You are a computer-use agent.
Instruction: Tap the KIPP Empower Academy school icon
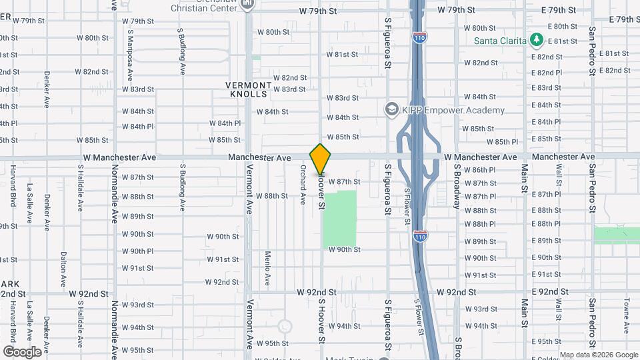392,109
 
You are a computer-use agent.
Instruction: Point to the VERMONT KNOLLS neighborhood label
249,90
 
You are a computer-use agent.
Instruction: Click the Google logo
22,351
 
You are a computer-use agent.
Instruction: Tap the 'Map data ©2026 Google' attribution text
598,355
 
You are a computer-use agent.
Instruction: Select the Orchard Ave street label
303,185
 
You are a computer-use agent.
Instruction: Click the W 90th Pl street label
137,251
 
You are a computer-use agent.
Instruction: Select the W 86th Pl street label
480,170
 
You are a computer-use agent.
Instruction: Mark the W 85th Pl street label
502,142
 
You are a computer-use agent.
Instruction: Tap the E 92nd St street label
549,292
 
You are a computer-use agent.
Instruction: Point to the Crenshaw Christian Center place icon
248,5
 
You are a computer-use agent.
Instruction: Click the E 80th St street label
561,27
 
